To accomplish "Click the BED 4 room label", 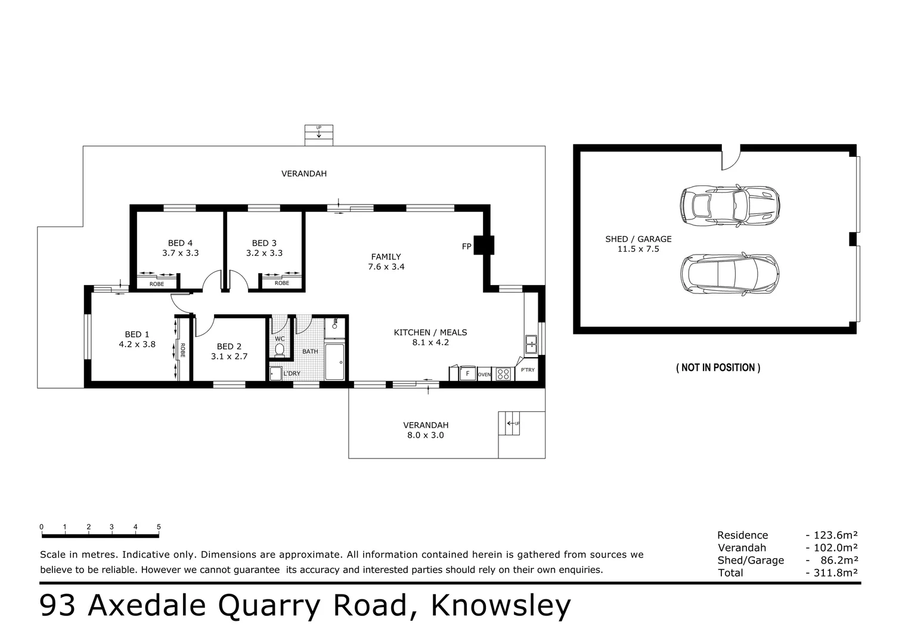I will tap(180, 243).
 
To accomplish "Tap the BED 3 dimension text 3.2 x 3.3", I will tap(264, 253).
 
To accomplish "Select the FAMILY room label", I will tap(386, 257).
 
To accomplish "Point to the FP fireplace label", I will tap(466, 246).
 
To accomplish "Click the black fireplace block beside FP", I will tap(483, 244).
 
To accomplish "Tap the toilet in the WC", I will tap(280, 349).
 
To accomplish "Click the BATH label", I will tap(310, 352).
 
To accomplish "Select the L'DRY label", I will tap(292, 373).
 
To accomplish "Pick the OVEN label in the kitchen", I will tap(484, 374).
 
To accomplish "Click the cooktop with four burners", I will tap(504, 374).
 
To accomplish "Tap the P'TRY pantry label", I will tap(528, 370).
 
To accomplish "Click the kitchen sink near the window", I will tap(531, 343).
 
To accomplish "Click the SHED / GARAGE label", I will tap(638, 239).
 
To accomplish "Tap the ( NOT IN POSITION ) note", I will tap(718, 368).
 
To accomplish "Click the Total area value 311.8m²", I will tap(831, 573).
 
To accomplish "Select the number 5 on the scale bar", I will tap(159, 527).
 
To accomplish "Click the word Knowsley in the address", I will tap(501, 606).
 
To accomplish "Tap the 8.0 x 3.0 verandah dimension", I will tap(425, 435).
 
